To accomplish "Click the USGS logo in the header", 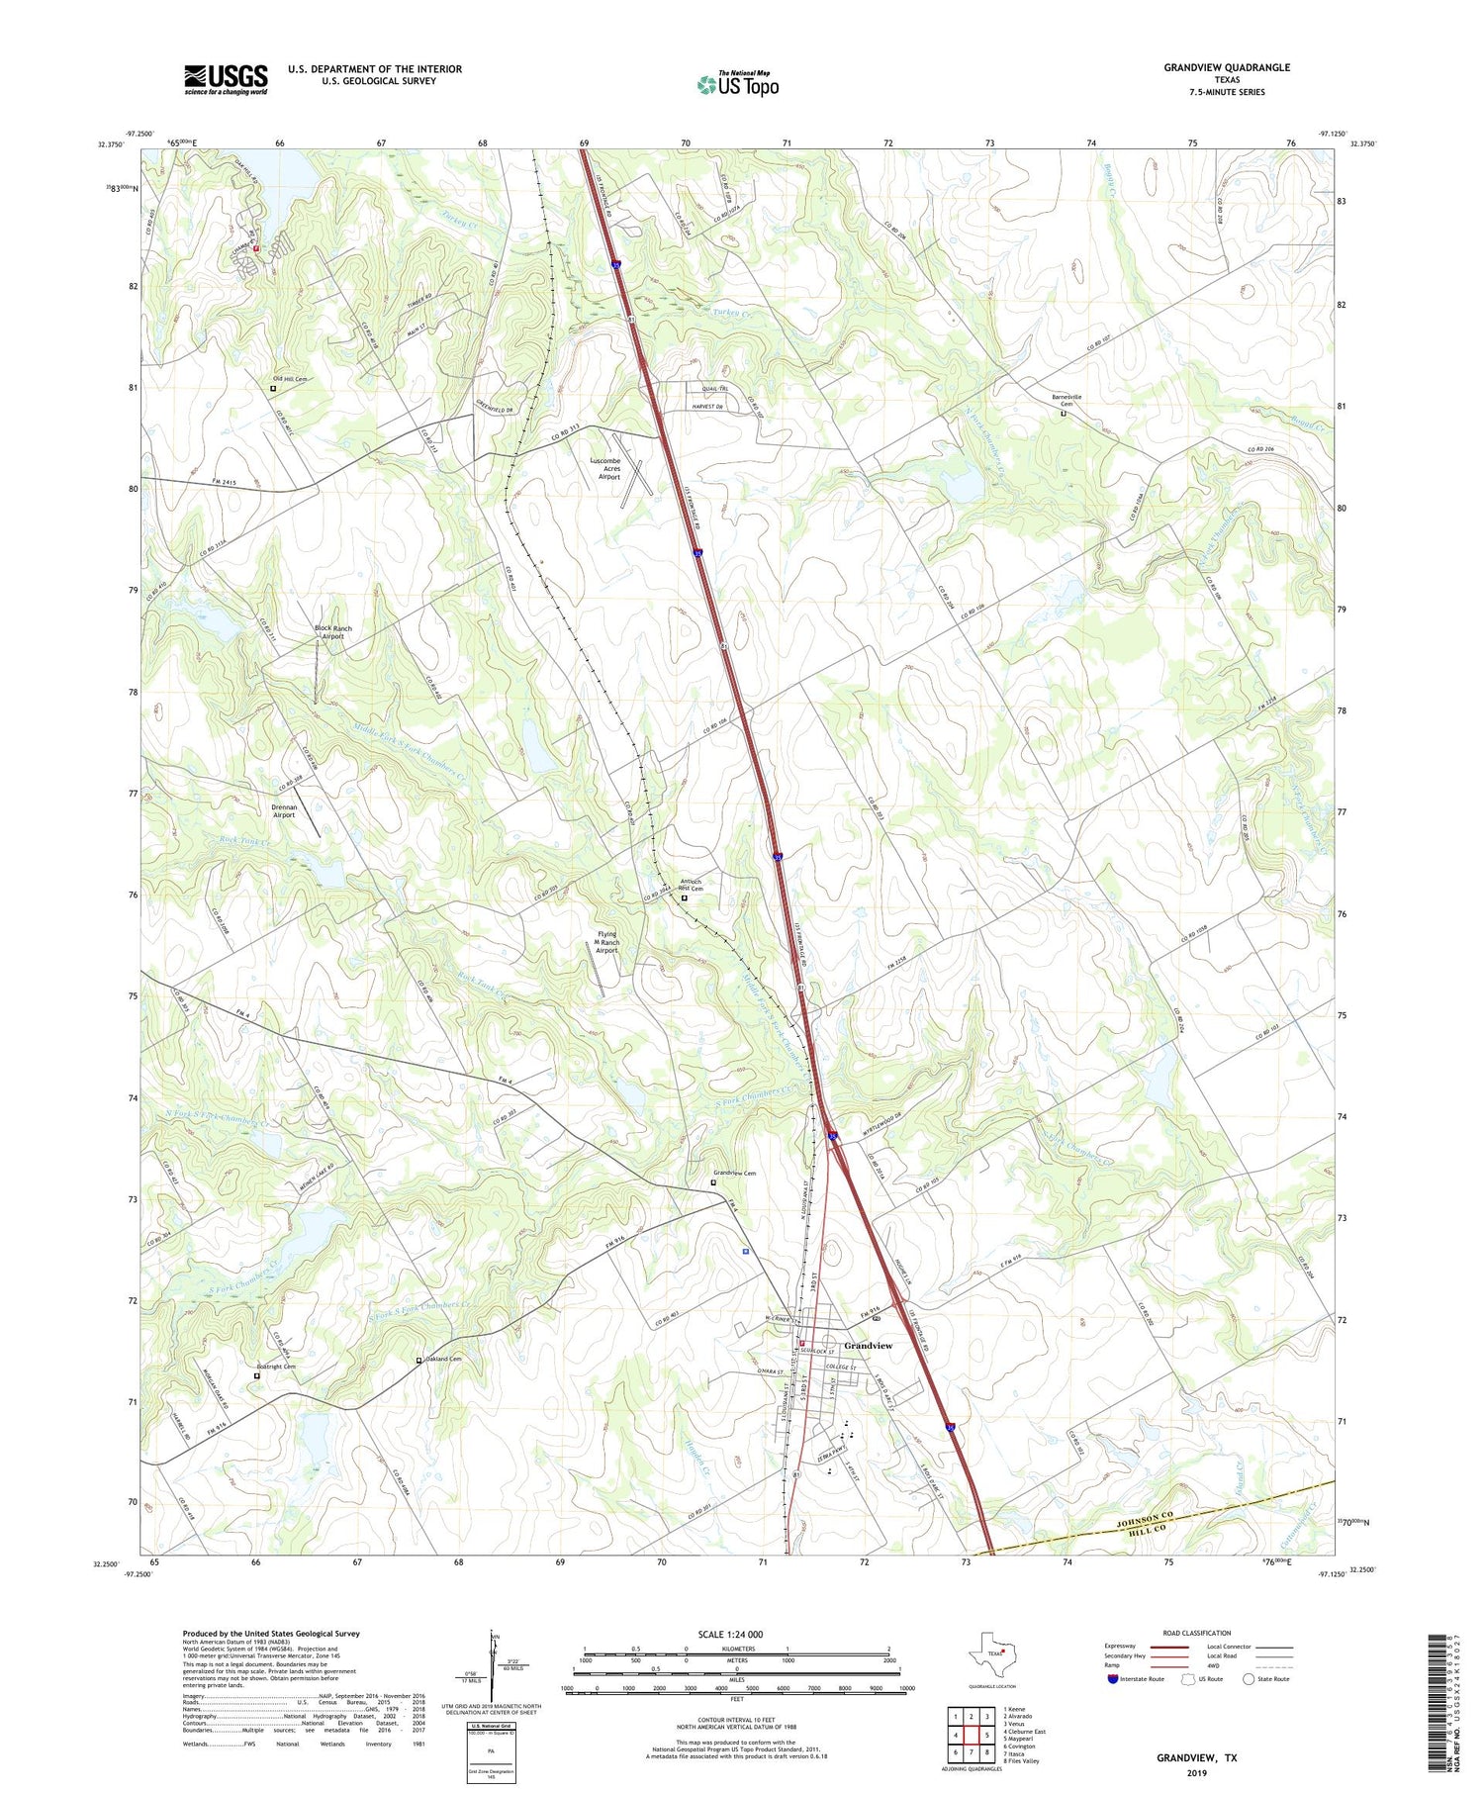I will click(x=226, y=79).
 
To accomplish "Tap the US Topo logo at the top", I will click(x=737, y=84).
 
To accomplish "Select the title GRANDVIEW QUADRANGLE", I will click(x=1227, y=67).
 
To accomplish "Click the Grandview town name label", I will click(x=868, y=1346).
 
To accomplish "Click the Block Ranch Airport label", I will click(x=332, y=632).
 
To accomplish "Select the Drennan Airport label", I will click(x=284, y=810).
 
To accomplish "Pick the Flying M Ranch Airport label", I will click(x=606, y=941).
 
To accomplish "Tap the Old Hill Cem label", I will click(x=290, y=379).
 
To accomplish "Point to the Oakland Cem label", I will click(x=442, y=1359).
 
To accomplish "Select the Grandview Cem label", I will click(x=735, y=1174).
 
